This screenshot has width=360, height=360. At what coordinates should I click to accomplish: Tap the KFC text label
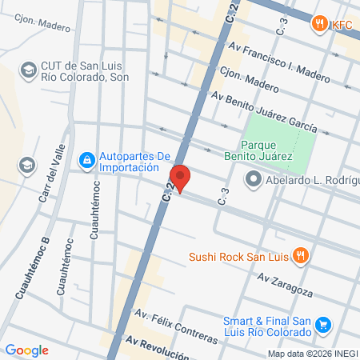[342, 23]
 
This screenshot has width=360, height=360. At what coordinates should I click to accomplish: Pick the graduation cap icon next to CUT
[27, 70]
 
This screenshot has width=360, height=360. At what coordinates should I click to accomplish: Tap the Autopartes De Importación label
[135, 162]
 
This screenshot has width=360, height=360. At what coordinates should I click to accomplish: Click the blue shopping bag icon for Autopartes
[86, 162]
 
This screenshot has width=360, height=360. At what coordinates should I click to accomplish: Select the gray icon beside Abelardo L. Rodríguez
[254, 180]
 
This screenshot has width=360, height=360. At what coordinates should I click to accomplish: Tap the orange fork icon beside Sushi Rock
[301, 257]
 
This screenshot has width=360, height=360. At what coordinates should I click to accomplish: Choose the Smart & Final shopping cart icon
[323, 325]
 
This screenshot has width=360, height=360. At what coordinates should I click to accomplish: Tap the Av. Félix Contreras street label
[177, 327]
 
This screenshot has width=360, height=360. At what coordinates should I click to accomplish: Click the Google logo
[26, 350]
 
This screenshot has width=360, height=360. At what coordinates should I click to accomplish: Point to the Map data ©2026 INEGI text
[312, 354]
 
